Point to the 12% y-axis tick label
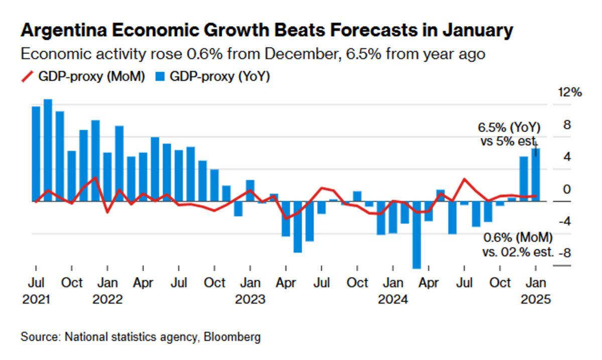click(x=569, y=93)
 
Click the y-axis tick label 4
click(x=567, y=157)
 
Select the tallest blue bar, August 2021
click(x=48, y=150)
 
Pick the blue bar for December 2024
click(x=524, y=179)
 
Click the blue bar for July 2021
click(x=36, y=154)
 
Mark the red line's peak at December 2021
click(x=95, y=177)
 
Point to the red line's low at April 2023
click(x=286, y=218)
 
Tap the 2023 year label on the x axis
click(x=250, y=299)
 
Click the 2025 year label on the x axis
click(x=536, y=299)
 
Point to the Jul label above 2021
click(x=36, y=283)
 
